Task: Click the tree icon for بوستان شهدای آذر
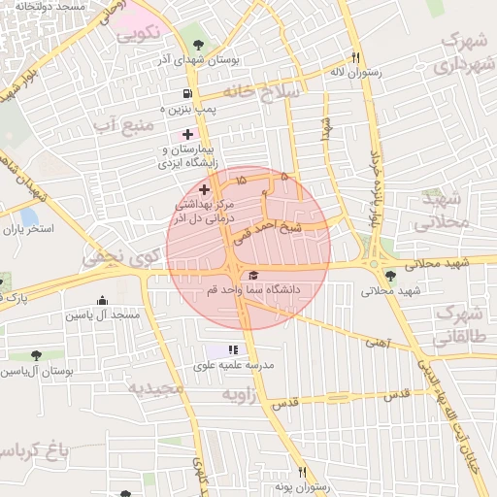pos(199,45)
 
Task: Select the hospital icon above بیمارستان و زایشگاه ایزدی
pos(188,133)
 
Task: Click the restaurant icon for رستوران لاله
pos(356,58)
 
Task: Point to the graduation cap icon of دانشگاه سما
pos(253,275)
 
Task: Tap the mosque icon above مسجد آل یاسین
pos(102,300)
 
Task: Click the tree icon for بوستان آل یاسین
pos(36,356)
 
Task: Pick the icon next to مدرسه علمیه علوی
pos(232,349)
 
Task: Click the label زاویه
pos(239,395)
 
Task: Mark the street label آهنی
pos(375,342)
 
